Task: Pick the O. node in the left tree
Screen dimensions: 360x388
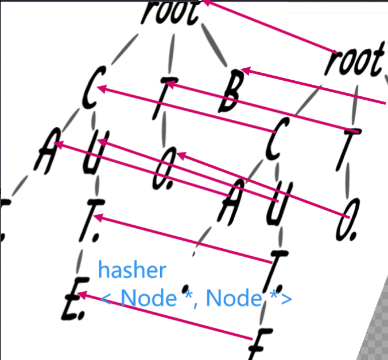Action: pos(163,170)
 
